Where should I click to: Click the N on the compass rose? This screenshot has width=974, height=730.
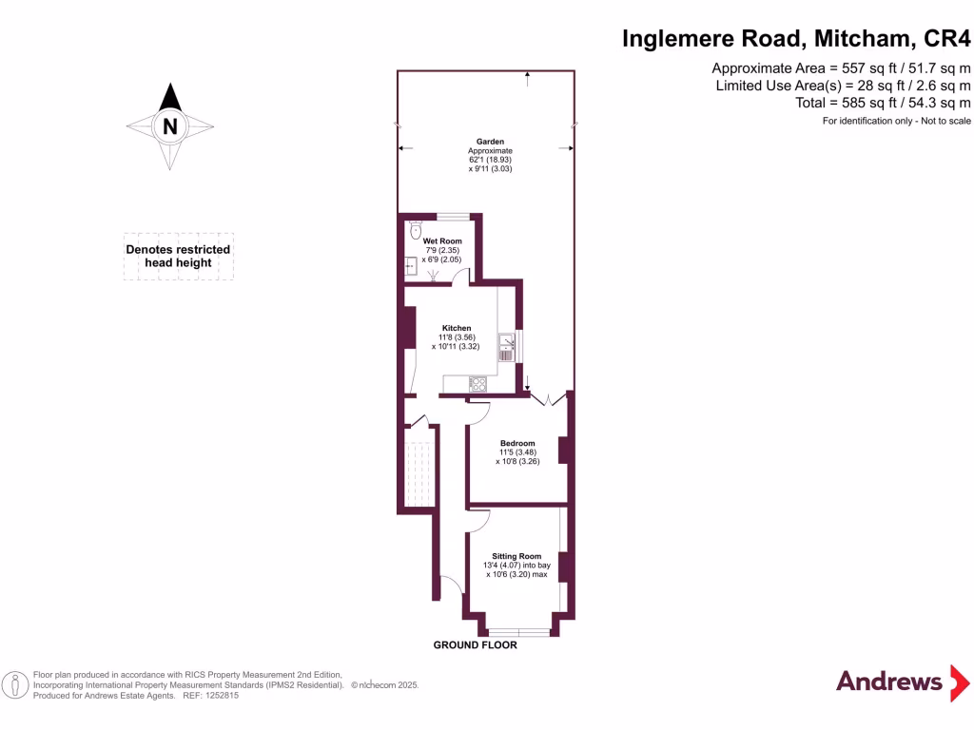[x=170, y=125]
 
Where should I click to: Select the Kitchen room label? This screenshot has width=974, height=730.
[x=456, y=328]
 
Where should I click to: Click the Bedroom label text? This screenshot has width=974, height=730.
[x=517, y=443]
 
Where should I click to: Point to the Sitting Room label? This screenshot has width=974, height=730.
[x=516, y=556]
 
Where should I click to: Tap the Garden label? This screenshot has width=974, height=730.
[x=490, y=142]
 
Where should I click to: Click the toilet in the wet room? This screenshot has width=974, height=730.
[x=415, y=231]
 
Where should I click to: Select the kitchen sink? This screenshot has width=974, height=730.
[x=506, y=345]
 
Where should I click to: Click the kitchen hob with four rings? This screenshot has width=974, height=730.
[x=477, y=384]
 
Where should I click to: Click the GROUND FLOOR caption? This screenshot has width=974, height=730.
[x=476, y=645]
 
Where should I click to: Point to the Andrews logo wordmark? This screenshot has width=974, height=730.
[x=888, y=681]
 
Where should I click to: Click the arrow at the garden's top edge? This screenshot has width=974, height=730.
[x=527, y=77]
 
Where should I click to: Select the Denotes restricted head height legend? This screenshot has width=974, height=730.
[x=178, y=256]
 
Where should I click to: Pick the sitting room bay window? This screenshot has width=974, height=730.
[x=517, y=632]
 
